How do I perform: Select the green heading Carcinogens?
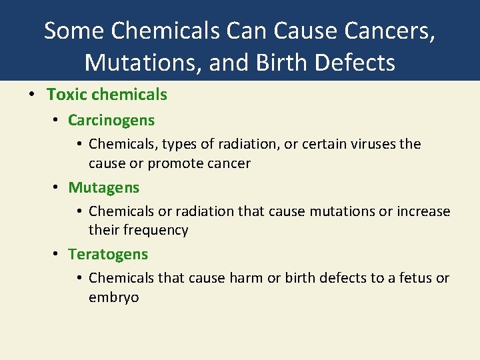[111, 121]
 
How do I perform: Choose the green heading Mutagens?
[104, 188]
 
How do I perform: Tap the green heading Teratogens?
[108, 254]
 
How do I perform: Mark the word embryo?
[114, 297]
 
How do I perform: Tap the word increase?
[423, 211]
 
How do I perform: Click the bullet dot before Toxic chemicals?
[32, 95]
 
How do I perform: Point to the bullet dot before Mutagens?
[57, 188]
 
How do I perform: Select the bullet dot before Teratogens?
[57, 254]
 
